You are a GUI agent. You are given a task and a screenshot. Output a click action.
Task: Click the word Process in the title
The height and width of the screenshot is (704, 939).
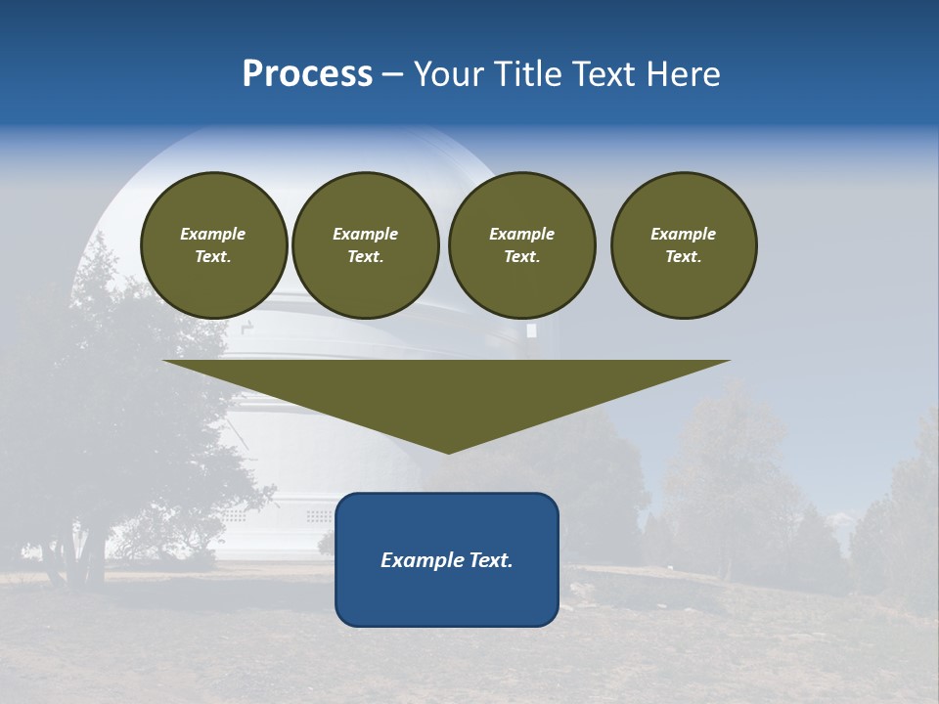coord(307,74)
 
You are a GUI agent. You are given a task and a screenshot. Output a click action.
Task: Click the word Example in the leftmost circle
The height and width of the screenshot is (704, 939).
coord(213,234)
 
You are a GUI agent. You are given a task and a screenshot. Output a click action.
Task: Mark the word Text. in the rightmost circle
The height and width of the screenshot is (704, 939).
coord(684,257)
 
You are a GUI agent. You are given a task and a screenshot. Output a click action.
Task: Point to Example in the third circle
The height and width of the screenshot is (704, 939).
coord(521,234)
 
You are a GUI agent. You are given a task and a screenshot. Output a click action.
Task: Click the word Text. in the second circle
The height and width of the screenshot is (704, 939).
coord(366,257)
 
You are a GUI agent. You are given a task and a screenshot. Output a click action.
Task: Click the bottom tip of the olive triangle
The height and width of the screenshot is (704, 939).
coord(448,451)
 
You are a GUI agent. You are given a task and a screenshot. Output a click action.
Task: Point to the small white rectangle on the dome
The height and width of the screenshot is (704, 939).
coord(531,330)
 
